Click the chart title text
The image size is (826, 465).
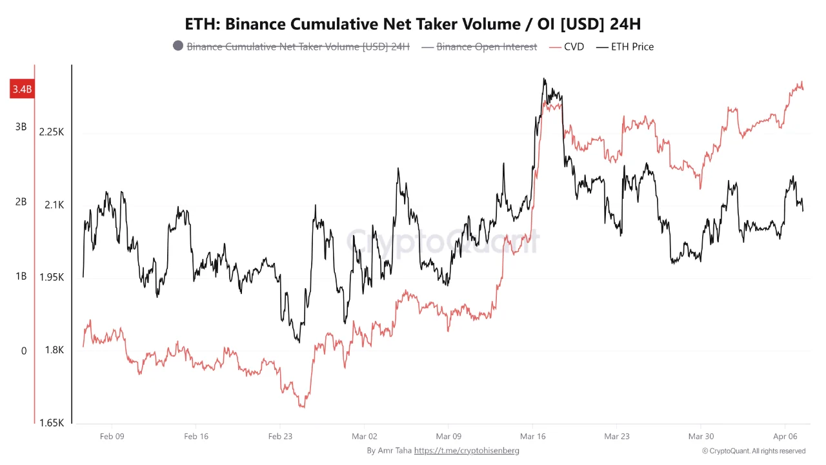click(413, 24)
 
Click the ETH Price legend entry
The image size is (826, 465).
click(625, 46)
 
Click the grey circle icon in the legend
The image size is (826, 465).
click(178, 46)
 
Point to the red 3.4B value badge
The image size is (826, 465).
click(21, 89)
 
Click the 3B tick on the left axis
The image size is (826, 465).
click(21, 127)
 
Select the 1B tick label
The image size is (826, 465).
click(21, 276)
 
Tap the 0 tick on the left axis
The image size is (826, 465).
click(24, 351)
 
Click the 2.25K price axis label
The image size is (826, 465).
click(52, 132)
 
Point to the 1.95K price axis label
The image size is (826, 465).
click(52, 277)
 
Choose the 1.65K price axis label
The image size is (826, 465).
click(52, 423)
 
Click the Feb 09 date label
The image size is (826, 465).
click(112, 436)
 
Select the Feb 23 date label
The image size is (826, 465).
click(280, 436)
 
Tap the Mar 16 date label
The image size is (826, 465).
click(532, 436)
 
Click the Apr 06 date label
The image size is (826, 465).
click(785, 436)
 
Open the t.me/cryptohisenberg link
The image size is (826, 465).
click(466, 450)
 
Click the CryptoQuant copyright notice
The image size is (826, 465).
click(753, 451)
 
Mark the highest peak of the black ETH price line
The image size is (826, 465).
click(544, 79)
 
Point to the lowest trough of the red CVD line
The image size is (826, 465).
click(301, 407)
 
